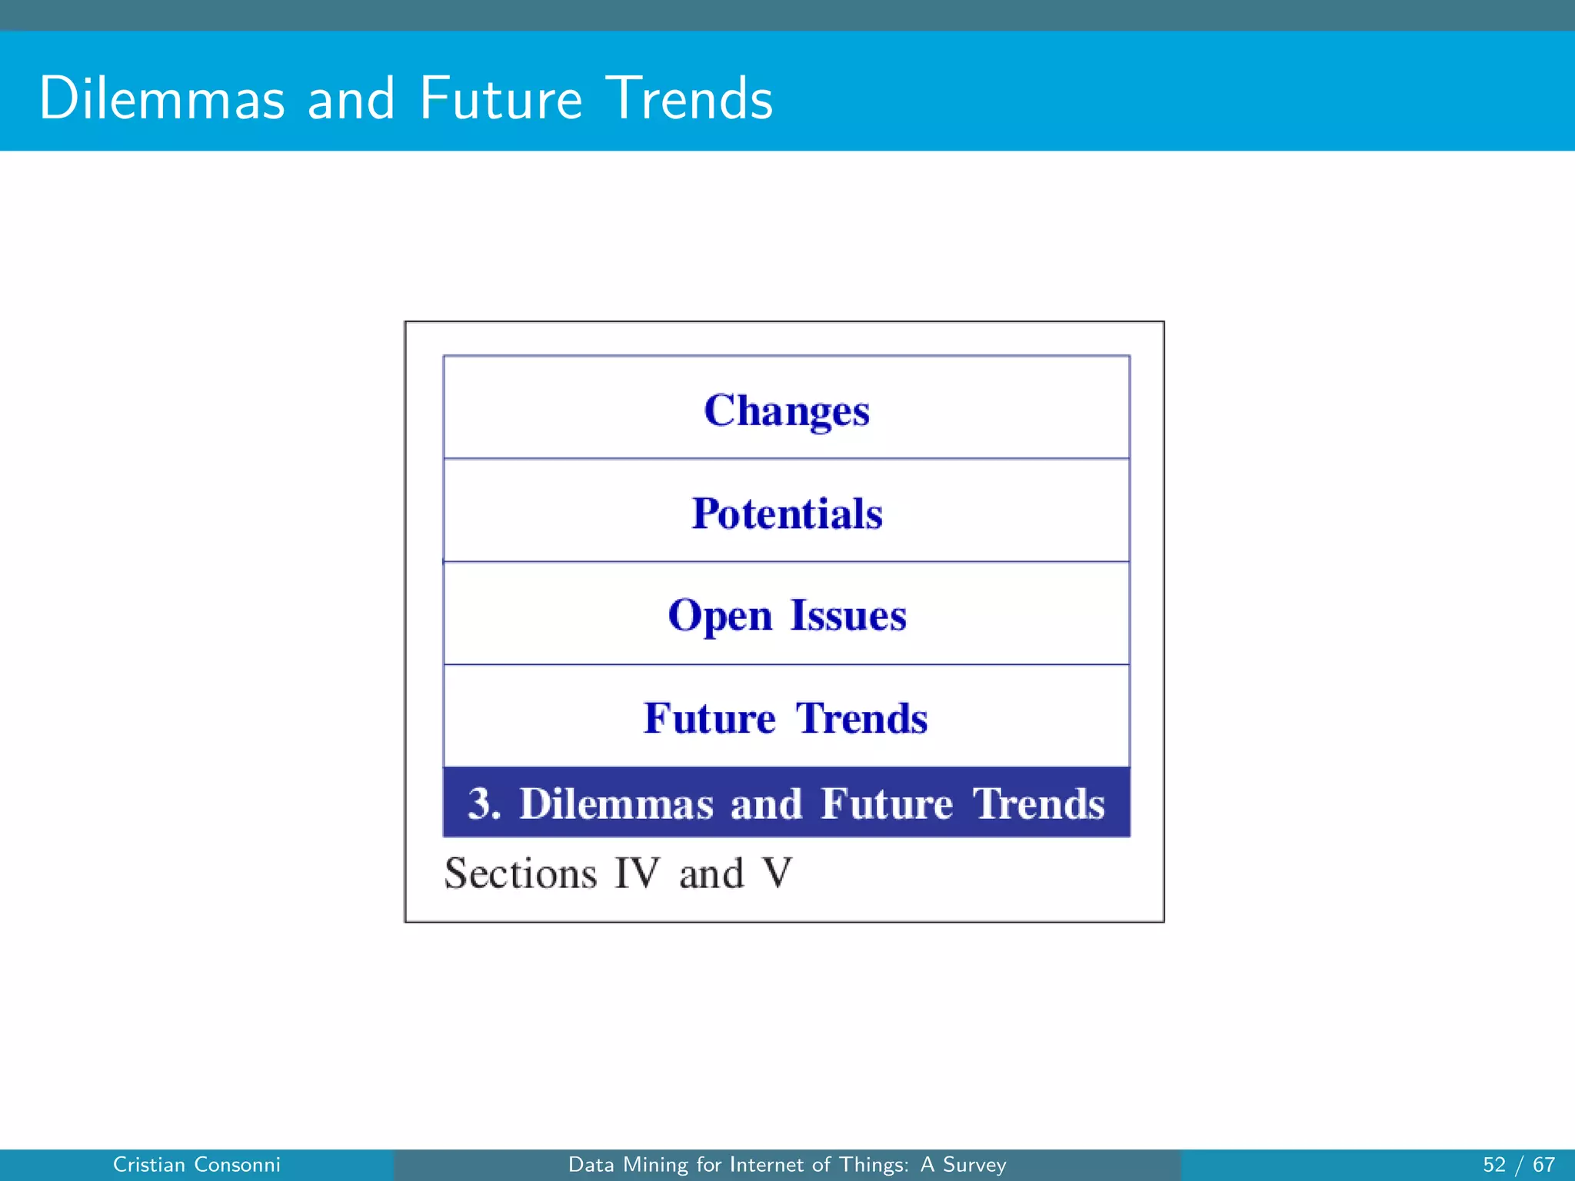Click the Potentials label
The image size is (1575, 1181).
coord(787,513)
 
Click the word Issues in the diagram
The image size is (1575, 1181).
coord(848,615)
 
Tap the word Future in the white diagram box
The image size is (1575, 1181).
coord(709,718)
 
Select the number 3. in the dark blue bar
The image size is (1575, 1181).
coord(484,803)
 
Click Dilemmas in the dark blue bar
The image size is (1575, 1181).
coord(616,803)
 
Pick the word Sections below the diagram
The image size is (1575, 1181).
coord(521,873)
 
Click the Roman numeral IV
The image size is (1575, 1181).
coord(637,873)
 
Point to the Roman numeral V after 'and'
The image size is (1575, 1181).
coord(777,873)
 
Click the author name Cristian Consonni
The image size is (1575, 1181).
coord(196,1165)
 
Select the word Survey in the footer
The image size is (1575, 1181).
coord(974,1165)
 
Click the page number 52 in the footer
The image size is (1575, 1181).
coord(1493,1165)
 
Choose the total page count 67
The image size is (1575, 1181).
coord(1543,1165)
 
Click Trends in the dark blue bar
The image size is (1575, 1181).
coord(1039,803)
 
